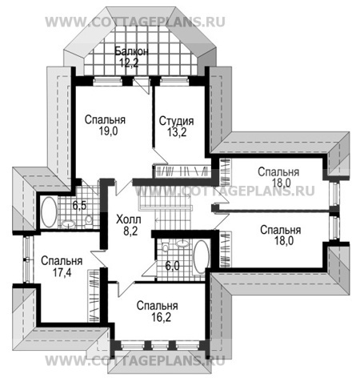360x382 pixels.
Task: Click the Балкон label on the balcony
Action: (x=131, y=51)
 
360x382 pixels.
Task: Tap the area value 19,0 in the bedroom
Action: (x=109, y=131)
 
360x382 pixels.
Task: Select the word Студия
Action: (x=176, y=121)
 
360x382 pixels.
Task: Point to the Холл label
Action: (x=129, y=220)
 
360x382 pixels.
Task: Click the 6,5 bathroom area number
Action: (x=79, y=206)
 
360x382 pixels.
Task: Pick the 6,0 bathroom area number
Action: (x=173, y=266)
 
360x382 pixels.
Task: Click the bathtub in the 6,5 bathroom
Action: (x=49, y=212)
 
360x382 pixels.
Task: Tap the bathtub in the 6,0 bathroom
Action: (x=201, y=256)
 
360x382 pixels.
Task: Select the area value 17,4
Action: (x=62, y=273)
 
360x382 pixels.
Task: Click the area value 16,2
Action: (x=161, y=317)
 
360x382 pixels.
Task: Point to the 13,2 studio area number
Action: (x=177, y=132)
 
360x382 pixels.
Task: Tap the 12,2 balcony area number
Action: (x=129, y=62)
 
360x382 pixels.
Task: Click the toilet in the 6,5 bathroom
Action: (x=89, y=220)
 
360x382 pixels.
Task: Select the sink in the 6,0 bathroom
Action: (x=182, y=243)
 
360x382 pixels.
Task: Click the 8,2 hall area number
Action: (x=130, y=231)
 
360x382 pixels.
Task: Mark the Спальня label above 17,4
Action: (x=62, y=261)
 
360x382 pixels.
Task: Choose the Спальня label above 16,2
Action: (x=157, y=306)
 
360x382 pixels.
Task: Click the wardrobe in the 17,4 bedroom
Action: (x=94, y=296)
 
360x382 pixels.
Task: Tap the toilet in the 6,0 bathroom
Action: (x=166, y=247)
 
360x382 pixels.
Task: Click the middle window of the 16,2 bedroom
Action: (x=160, y=346)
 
